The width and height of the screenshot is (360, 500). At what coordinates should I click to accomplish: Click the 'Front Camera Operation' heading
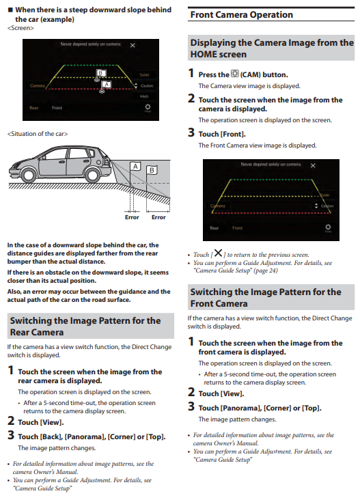[241, 14]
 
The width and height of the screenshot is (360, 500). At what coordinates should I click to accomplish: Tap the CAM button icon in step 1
[235, 74]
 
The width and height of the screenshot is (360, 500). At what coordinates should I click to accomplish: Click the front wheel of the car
[29, 175]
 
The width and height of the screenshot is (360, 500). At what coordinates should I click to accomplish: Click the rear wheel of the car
[92, 175]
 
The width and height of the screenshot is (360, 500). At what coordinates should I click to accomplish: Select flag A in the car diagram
[135, 166]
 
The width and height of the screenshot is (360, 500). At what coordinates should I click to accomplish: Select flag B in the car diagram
[152, 170]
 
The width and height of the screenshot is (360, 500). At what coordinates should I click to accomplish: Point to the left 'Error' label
[132, 217]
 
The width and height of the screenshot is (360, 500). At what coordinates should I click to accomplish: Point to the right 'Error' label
[158, 217]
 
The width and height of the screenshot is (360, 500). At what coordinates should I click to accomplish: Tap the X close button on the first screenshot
[133, 45]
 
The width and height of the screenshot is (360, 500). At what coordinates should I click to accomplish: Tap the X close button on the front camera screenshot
[313, 165]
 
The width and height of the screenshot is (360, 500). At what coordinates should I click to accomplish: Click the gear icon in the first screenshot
[148, 107]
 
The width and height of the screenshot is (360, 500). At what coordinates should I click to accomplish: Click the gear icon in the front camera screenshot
[328, 227]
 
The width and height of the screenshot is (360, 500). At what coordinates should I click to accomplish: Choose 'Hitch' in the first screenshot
[144, 96]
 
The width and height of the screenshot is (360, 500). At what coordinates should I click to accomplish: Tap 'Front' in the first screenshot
[57, 108]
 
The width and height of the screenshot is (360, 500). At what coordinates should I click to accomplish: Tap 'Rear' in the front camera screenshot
[214, 228]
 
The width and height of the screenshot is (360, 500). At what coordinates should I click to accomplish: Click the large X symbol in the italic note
[218, 253]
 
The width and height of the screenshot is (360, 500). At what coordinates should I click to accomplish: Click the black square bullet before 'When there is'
[10, 10]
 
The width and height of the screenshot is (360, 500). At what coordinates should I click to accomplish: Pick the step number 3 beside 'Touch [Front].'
[191, 133]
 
